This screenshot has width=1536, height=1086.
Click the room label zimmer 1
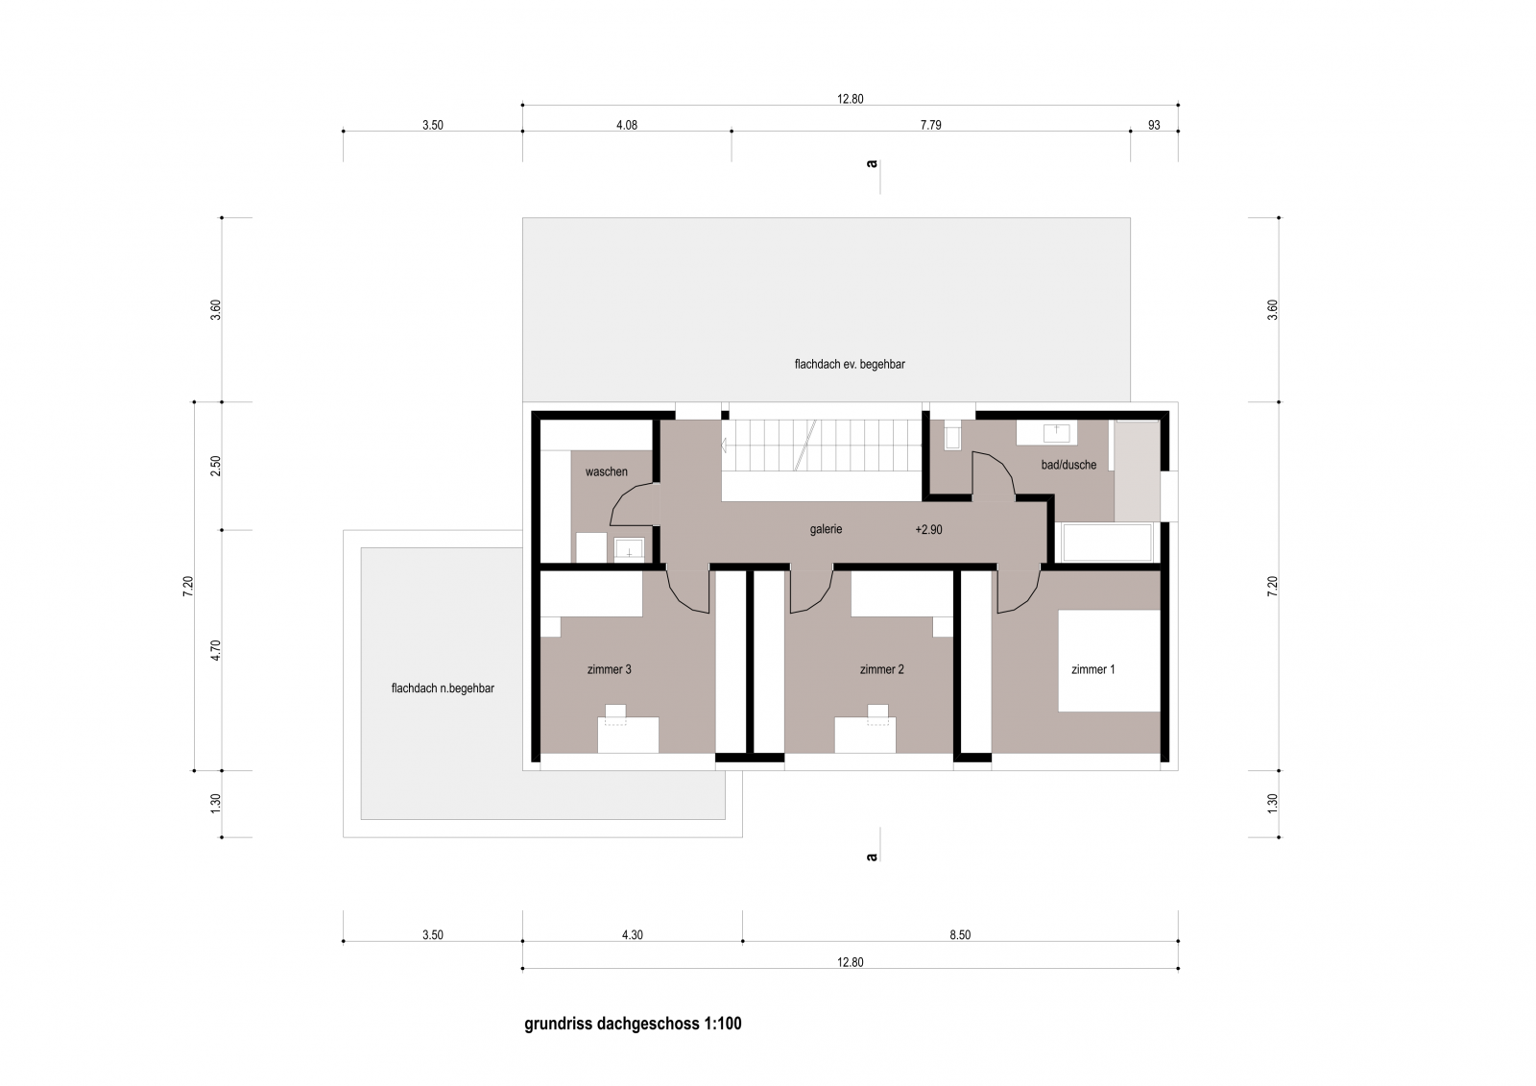(x=1093, y=669)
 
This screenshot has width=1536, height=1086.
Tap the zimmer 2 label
(x=882, y=669)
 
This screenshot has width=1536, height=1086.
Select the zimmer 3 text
(x=609, y=669)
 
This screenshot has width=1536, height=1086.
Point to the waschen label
(x=606, y=472)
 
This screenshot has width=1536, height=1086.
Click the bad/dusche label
(x=1068, y=465)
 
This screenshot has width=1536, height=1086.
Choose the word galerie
(x=826, y=530)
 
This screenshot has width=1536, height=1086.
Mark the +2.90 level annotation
(x=928, y=530)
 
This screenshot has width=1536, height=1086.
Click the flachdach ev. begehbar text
(x=850, y=364)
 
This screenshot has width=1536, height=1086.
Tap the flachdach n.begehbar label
(x=443, y=688)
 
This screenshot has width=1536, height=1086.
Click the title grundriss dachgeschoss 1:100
(x=633, y=1024)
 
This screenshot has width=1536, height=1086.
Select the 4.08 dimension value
(x=627, y=125)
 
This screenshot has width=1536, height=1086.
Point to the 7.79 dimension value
(x=930, y=125)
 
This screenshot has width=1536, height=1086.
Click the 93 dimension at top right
(x=1154, y=125)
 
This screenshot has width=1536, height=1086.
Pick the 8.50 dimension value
(x=960, y=935)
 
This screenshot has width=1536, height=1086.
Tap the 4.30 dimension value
(x=633, y=935)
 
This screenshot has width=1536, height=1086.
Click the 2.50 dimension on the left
(x=216, y=467)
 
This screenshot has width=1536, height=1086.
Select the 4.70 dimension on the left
(x=216, y=650)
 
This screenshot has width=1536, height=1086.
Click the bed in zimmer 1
(x=1109, y=661)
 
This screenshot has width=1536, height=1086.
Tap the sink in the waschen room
(x=629, y=549)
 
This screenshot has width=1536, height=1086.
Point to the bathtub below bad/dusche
(x=1107, y=543)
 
